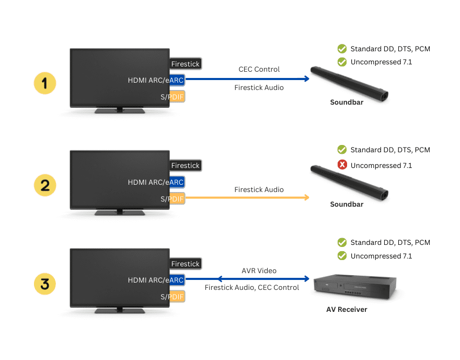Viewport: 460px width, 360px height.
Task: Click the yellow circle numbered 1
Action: pos(45,83)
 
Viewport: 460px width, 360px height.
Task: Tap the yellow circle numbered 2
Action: pos(45,185)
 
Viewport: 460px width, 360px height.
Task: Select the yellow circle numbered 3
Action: pos(45,284)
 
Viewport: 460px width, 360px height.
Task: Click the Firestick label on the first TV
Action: pos(185,64)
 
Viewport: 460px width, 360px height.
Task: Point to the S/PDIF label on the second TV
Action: pos(172,199)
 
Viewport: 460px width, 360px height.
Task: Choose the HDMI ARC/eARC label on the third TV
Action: pos(156,280)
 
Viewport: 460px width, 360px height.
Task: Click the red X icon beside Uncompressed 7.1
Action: pos(342,165)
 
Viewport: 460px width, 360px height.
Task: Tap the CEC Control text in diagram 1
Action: pos(259,69)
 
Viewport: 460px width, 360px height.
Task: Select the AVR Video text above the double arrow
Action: pos(259,271)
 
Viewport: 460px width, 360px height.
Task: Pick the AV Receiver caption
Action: pos(347,309)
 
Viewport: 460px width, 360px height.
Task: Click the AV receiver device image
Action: pos(354,287)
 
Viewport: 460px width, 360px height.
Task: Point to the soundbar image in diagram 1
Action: pos(347,84)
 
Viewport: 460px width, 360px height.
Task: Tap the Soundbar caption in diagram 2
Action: pos(347,204)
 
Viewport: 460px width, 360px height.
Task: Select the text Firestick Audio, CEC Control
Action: pos(251,287)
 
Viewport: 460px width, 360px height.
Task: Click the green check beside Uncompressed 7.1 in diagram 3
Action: pos(342,256)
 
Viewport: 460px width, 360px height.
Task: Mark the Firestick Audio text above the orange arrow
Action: pos(259,189)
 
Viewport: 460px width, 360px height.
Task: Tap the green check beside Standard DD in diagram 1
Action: pos(342,49)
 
